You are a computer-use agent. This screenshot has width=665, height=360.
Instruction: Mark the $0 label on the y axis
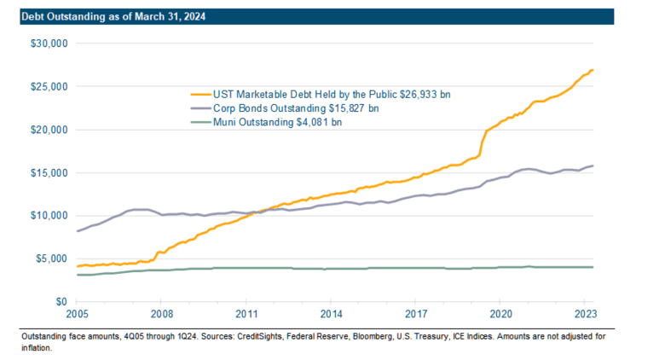pos(61,302)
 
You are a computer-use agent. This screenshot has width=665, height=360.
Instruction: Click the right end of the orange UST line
pos(593,70)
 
